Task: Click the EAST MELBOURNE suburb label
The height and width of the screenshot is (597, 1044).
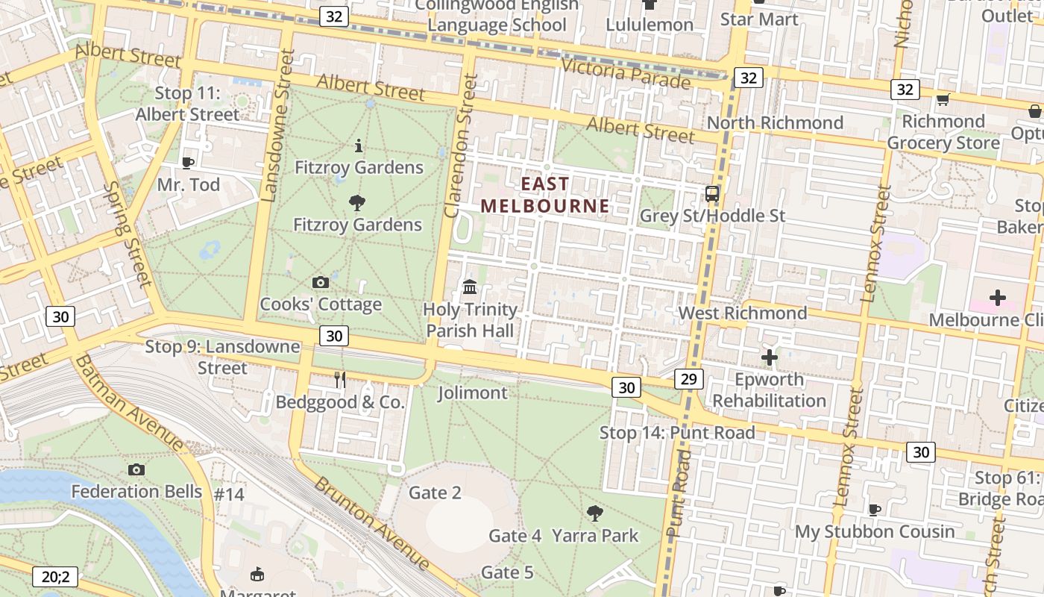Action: [544, 195]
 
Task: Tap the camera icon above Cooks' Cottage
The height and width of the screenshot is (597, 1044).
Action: [321, 282]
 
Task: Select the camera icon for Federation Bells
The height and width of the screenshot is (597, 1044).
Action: [136, 469]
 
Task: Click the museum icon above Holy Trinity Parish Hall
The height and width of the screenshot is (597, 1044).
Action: [470, 287]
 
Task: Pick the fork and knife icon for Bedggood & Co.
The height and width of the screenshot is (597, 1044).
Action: [340, 380]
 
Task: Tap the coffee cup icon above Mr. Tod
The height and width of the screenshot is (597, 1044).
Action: [188, 162]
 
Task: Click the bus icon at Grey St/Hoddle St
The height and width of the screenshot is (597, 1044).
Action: [712, 194]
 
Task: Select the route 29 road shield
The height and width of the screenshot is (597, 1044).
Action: [688, 379]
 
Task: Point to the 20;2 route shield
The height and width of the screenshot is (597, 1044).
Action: [55, 576]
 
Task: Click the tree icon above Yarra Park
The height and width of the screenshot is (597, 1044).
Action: [594, 513]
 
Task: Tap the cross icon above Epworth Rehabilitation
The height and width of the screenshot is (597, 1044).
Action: [769, 357]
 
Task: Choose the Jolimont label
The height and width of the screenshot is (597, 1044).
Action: [473, 393]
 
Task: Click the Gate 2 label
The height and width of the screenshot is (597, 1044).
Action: [435, 493]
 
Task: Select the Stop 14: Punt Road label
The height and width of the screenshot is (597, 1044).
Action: [677, 433]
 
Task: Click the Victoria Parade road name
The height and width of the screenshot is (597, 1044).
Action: [626, 72]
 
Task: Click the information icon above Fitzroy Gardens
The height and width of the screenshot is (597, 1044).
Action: [359, 145]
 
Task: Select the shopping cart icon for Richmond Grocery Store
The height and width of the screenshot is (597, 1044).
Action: [943, 99]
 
